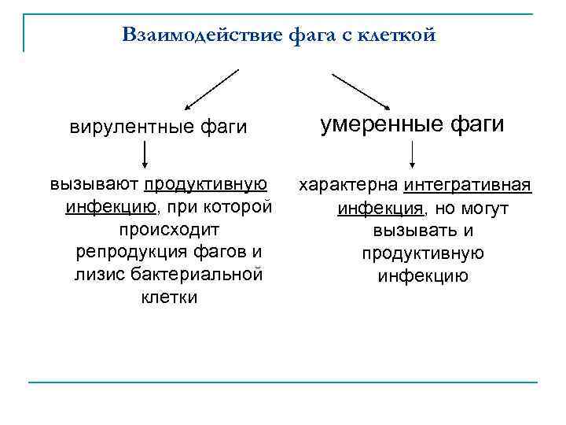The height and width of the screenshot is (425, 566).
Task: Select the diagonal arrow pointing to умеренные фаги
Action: [362, 91]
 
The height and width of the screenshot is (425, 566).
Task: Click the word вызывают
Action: [94, 185]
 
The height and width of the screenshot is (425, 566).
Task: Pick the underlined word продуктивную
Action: [205, 185]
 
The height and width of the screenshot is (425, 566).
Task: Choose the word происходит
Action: [169, 229]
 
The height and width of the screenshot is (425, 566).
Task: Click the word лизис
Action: [97, 275]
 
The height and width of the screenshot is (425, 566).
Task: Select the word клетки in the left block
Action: [169, 297]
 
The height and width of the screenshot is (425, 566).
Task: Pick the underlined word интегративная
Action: [469, 186]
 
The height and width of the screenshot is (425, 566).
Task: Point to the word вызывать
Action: [413, 231]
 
